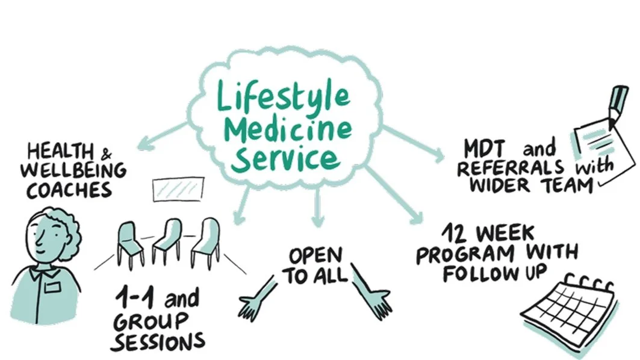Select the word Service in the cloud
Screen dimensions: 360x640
pyautogui.click(x=287, y=158)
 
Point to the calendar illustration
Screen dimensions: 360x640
pyautogui.click(x=569, y=311)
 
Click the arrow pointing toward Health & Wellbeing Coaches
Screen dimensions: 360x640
pyautogui.click(x=160, y=136)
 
